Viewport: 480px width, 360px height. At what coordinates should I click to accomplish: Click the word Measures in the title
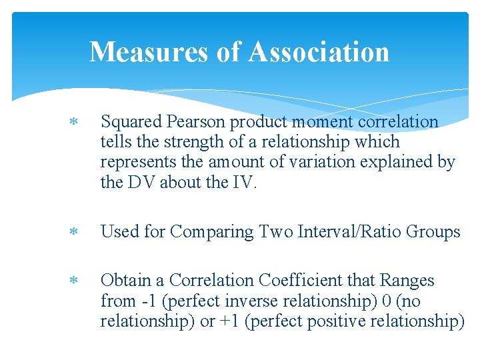tap(149, 52)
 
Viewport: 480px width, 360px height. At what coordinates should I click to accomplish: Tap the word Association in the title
tap(319, 52)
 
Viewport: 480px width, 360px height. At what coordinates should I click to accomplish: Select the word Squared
tap(131, 122)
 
